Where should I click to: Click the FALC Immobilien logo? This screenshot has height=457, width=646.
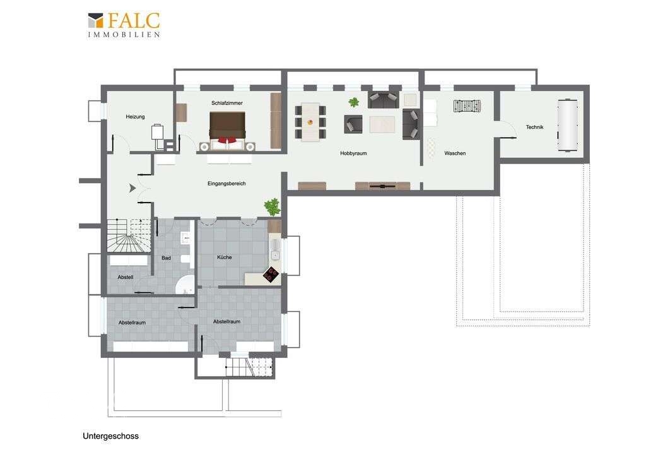pyautogui.click(x=124, y=25)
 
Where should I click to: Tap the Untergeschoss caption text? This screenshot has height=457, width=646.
pyautogui.click(x=110, y=436)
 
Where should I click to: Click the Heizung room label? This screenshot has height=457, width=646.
pyautogui.click(x=135, y=117)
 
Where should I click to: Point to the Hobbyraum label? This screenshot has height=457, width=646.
pyautogui.click(x=353, y=153)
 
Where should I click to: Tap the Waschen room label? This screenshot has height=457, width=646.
pyautogui.click(x=455, y=153)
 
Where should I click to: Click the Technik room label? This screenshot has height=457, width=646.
pyautogui.click(x=534, y=127)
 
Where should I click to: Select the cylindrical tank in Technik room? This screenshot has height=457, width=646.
pyautogui.click(x=567, y=125)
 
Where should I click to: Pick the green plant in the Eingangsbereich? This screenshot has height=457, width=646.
pyautogui.click(x=272, y=206)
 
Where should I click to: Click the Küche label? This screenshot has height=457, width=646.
pyautogui.click(x=224, y=258)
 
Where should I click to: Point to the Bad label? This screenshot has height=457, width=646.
pyautogui.click(x=166, y=258)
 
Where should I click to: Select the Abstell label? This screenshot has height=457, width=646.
pyautogui.click(x=126, y=277)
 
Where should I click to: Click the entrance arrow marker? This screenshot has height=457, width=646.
pyautogui.click(x=132, y=188)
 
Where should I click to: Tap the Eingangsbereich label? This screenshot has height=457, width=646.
pyautogui.click(x=226, y=184)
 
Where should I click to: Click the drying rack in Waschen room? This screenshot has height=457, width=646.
pyautogui.click(x=467, y=105)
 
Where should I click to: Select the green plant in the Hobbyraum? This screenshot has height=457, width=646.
pyautogui.click(x=353, y=102)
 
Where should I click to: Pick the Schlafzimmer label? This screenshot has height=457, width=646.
pyautogui.click(x=227, y=103)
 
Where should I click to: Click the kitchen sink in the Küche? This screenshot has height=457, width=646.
pyautogui.click(x=275, y=254)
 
